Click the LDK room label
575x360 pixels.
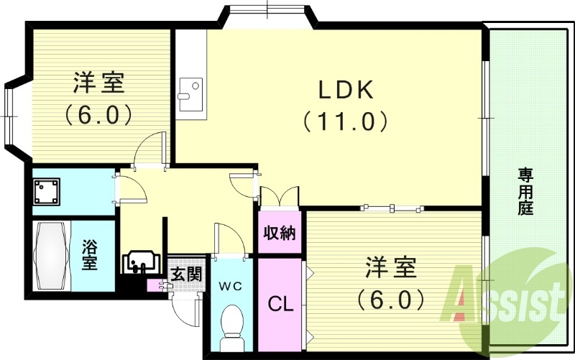[345, 90]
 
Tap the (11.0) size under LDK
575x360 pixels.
[345, 121]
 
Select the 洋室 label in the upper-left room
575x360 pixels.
[99, 83]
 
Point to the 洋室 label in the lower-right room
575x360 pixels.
[391, 267]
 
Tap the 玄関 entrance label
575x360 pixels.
[185, 274]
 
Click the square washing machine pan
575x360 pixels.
[50, 191]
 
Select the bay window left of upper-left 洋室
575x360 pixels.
[14, 114]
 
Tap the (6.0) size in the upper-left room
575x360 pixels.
[99, 114]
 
